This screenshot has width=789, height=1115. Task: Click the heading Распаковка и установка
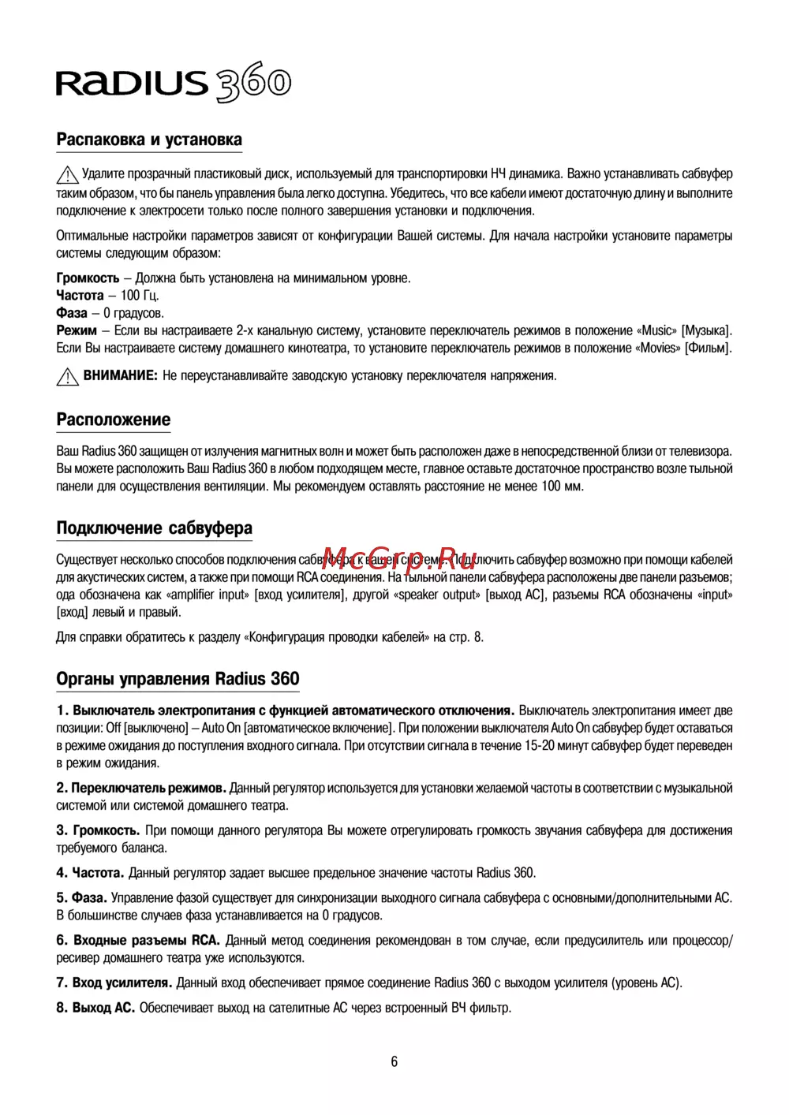149,140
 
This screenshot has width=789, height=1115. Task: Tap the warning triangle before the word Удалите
67,174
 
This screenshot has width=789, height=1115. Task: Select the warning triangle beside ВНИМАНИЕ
67,377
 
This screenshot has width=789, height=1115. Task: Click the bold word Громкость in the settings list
88,278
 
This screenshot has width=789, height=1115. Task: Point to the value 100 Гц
140,296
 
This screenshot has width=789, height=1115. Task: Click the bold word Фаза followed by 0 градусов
72,313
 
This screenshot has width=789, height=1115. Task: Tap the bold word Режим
77,330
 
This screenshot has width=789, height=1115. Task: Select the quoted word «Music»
656,330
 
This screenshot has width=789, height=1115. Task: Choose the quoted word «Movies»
658,348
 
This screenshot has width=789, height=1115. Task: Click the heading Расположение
114,420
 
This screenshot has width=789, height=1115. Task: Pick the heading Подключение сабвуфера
155,528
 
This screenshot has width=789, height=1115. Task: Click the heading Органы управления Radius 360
178,679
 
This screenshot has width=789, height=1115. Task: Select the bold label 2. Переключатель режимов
141,788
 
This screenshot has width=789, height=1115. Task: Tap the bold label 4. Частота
90,873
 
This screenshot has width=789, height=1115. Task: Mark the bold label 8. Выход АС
95,1008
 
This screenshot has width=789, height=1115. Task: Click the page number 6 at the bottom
394,1062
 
